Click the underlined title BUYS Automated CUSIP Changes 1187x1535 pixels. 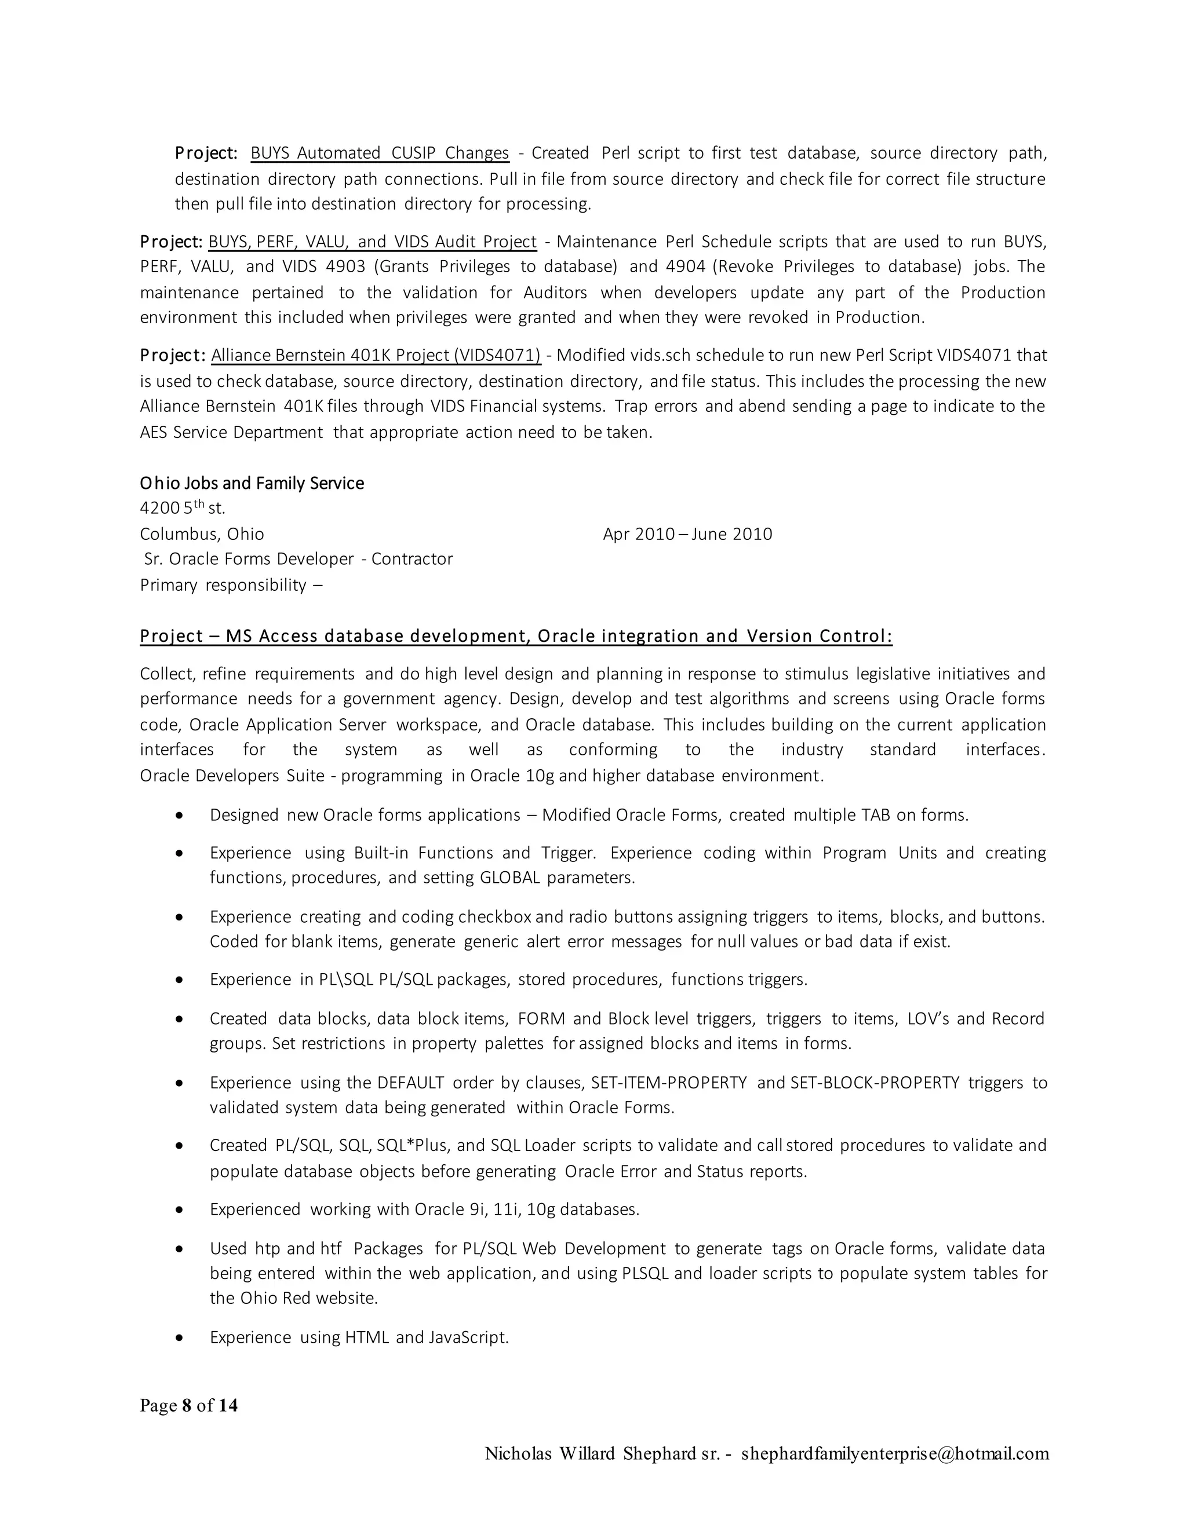tap(380, 153)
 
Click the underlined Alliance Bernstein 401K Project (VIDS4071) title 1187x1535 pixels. tap(376, 356)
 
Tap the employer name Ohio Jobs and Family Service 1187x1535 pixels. tap(252, 484)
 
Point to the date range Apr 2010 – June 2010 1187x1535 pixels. tap(687, 534)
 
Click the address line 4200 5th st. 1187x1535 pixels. tap(183, 508)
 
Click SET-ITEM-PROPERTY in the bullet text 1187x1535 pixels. tap(669, 1083)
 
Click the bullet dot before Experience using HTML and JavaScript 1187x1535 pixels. tap(181, 1337)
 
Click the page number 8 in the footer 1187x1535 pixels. tap(187, 1406)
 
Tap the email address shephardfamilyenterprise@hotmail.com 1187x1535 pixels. tap(894, 1453)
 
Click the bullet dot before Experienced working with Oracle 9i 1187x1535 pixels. tap(181, 1209)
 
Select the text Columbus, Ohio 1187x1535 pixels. tap(202, 534)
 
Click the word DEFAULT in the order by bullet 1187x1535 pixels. tap(411, 1083)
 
